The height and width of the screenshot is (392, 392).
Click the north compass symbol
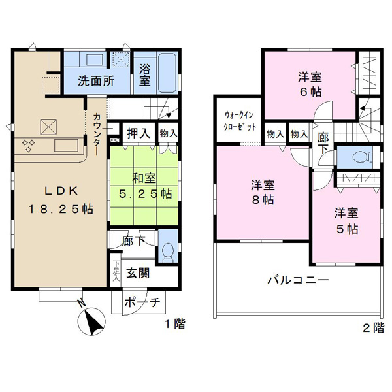[91, 320]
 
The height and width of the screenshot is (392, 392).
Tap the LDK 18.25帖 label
[61, 200]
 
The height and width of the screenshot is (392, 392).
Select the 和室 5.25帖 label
[145, 186]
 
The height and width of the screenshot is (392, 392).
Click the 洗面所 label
[96, 81]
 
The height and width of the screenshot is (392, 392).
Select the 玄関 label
[138, 273]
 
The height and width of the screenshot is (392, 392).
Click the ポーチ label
[142, 302]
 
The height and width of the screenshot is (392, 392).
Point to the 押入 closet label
[139, 133]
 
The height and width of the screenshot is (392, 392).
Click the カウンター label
[97, 134]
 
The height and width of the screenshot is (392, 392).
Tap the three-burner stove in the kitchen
[29, 146]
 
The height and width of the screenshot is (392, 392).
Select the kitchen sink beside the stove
[66, 145]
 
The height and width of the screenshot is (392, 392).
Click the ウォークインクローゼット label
[240, 121]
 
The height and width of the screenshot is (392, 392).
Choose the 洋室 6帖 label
[310, 84]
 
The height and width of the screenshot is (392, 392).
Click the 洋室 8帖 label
[263, 192]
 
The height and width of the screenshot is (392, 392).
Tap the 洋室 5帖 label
[346, 221]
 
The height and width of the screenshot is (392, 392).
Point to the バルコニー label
[298, 280]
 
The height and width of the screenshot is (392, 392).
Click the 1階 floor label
[174, 324]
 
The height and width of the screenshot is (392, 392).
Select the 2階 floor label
[373, 328]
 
